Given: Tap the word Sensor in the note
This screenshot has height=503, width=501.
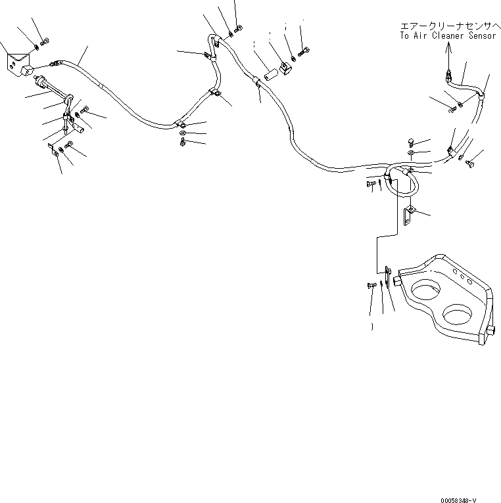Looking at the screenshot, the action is pos(483,35).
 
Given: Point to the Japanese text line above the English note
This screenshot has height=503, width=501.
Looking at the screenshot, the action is pos(450,26).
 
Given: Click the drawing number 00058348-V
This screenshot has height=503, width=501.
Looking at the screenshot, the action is pos(458,500).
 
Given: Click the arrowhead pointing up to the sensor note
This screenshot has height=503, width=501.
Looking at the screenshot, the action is pos(448,47).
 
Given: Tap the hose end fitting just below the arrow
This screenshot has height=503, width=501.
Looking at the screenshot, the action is pos(448,76).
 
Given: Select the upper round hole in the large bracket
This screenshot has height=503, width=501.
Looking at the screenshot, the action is pos(425,289).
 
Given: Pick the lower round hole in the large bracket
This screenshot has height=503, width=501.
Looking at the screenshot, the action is pos(458,313).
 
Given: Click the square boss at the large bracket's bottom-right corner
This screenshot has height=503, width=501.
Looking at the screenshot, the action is pos(490,330).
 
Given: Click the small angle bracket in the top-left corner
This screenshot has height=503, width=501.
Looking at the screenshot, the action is pos(18,65).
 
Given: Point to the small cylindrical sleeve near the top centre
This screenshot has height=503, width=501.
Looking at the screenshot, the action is pos(270,76).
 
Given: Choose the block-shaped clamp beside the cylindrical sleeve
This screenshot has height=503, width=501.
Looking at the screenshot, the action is pos(285,68).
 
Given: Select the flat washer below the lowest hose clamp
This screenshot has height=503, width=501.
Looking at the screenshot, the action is pos(182,133).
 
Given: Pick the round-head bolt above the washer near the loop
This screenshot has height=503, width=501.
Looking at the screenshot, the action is pos(411,141).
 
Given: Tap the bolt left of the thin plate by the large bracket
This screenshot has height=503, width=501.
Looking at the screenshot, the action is pos(371,285).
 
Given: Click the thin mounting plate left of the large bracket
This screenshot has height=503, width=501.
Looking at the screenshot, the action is pos(388,276).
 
